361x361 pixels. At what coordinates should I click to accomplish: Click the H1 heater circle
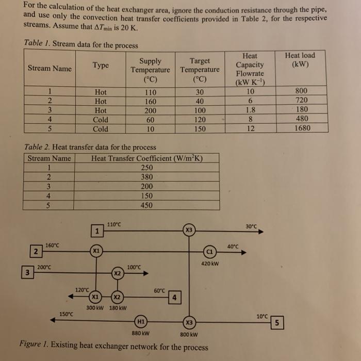(x=140, y=321)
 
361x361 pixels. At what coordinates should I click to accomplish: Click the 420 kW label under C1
(x=210, y=264)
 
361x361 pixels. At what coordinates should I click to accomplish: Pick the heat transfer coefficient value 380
(x=146, y=177)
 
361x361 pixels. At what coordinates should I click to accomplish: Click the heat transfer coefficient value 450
(x=146, y=205)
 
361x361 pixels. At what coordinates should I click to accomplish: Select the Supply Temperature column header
(x=150, y=70)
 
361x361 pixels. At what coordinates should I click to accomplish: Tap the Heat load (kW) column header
(x=300, y=60)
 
